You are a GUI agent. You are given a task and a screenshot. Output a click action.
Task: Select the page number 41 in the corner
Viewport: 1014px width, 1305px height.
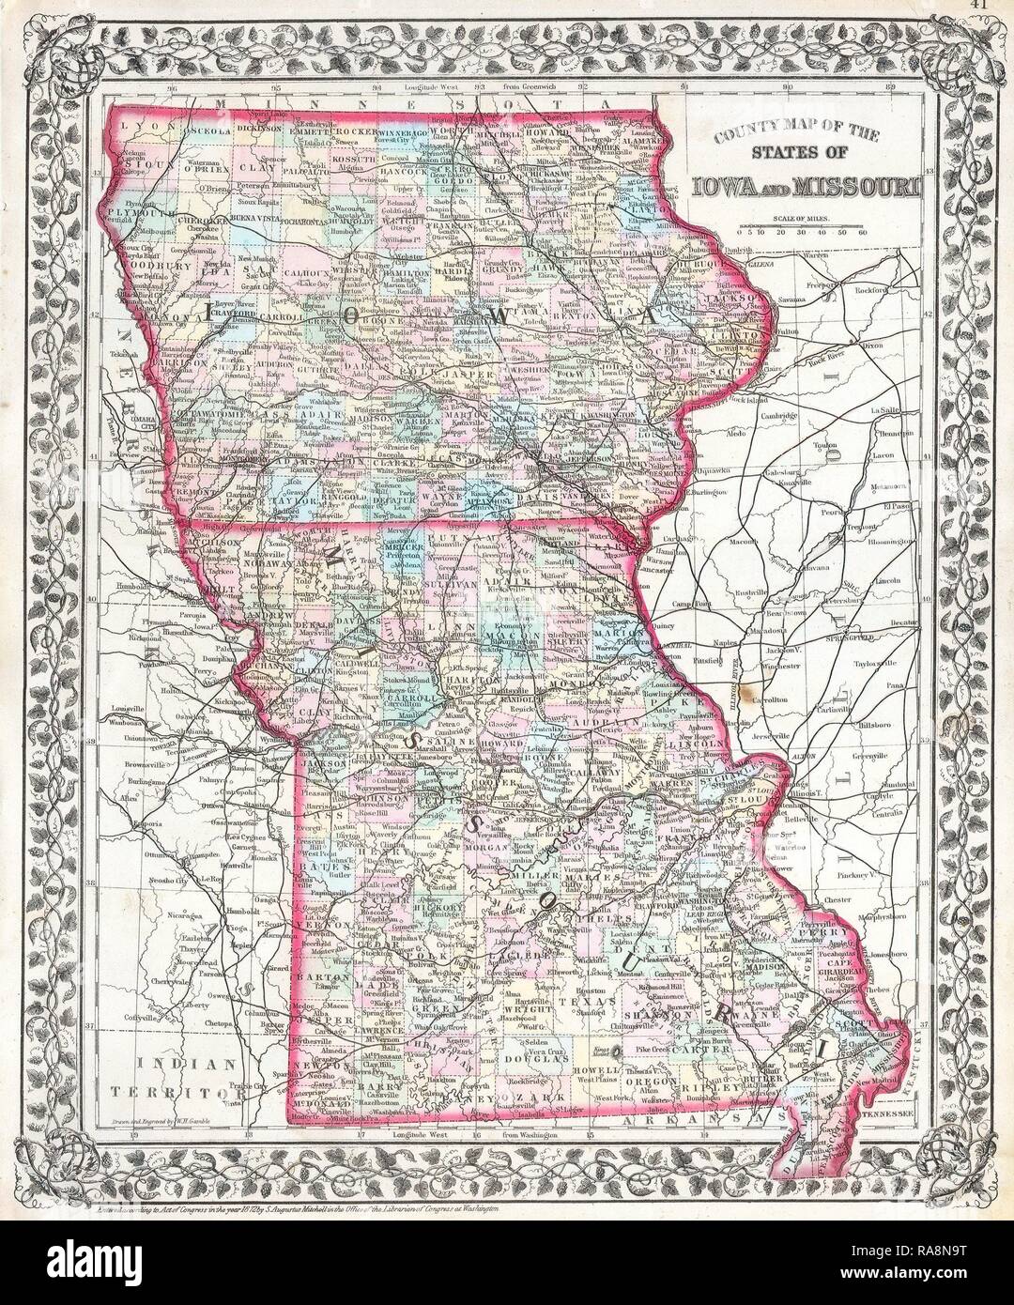click(998, 7)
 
